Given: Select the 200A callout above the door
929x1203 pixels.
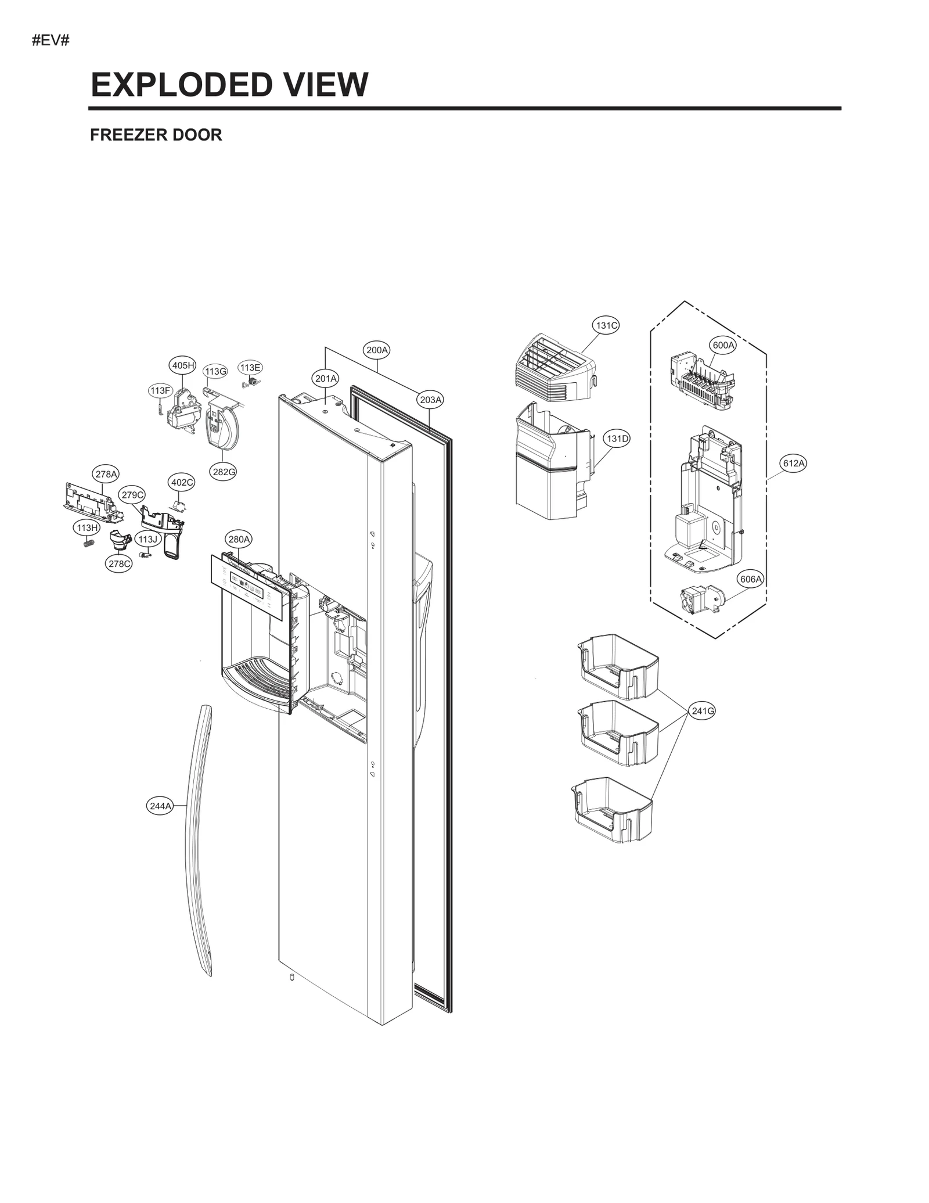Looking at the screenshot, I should (x=377, y=350).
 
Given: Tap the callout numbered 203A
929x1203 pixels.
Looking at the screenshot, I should (x=431, y=400).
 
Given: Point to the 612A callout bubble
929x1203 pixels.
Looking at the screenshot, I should (x=793, y=463).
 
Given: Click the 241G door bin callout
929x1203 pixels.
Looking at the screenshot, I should (x=703, y=710).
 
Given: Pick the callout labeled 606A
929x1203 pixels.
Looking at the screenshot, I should (x=750, y=579).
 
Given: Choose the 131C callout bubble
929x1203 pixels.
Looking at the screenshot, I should (x=606, y=325).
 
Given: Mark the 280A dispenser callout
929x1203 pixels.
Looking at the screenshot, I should (x=239, y=539).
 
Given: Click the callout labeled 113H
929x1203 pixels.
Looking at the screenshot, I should (x=87, y=527).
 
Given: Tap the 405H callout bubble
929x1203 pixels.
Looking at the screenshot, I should (x=182, y=365).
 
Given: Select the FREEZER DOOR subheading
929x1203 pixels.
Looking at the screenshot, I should (x=156, y=135).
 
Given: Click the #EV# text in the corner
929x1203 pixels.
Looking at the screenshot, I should (x=51, y=41).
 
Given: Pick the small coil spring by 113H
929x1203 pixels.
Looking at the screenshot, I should (x=88, y=544).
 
